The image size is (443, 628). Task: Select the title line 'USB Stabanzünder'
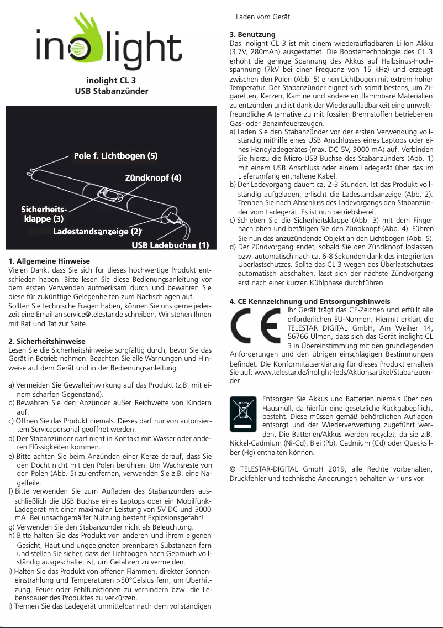112,91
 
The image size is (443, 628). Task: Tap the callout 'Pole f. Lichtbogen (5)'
116,155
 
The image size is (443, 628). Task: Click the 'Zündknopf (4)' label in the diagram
154,178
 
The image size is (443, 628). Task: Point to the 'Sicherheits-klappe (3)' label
44,214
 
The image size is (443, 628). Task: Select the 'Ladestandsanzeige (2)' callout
96,231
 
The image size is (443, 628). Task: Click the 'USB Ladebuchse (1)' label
170,245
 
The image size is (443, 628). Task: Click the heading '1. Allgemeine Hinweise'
50,261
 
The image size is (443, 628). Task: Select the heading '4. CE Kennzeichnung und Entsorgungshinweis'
310,301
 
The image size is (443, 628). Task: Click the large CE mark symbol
256,326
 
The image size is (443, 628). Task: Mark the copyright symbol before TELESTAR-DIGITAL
233,469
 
